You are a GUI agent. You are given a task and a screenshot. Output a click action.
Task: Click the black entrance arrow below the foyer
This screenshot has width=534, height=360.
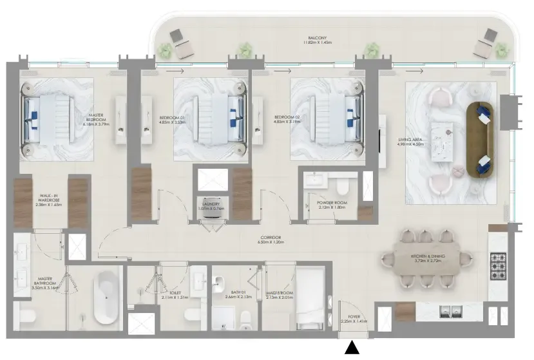pos(352,348)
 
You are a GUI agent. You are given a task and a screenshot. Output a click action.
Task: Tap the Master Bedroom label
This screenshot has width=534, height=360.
pos(96,119)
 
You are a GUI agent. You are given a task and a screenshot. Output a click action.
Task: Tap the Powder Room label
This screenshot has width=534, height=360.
pos(332,205)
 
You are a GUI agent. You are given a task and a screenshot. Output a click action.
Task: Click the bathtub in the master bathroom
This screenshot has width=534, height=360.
pos(107,297)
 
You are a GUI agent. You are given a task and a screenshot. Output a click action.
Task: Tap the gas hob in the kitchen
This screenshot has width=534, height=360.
pos(499,263)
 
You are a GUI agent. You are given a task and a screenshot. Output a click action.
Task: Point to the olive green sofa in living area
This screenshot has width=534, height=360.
pos(477,138)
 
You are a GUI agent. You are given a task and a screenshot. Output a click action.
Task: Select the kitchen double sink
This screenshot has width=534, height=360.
pos(449,312)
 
